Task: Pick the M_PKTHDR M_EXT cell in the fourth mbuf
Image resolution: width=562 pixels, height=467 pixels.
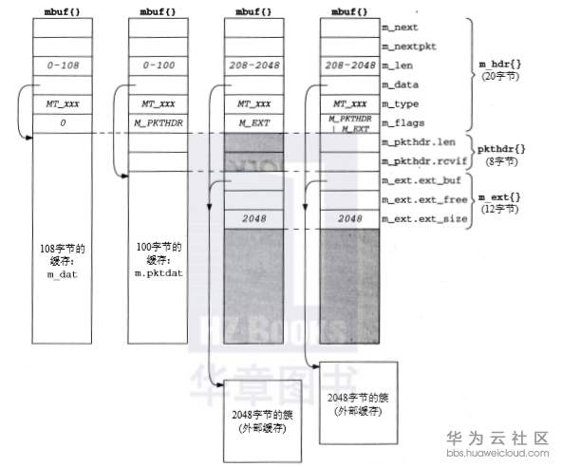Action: click(x=348, y=123)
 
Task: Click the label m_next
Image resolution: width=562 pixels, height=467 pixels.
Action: click(x=399, y=28)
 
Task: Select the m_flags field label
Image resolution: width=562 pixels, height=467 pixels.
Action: click(x=403, y=123)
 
